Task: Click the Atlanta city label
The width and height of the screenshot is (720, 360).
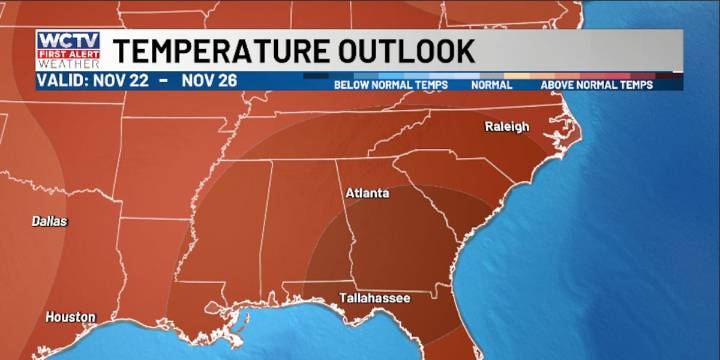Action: click(367, 193)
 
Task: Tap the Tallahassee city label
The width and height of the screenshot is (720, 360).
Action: click(374, 297)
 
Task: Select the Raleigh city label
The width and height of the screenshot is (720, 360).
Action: click(507, 127)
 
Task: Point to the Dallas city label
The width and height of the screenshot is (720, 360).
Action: click(49, 221)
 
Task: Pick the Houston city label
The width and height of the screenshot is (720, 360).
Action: click(70, 317)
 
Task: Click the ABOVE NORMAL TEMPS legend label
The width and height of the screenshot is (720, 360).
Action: click(596, 85)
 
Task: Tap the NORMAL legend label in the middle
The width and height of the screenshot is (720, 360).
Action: click(491, 85)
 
